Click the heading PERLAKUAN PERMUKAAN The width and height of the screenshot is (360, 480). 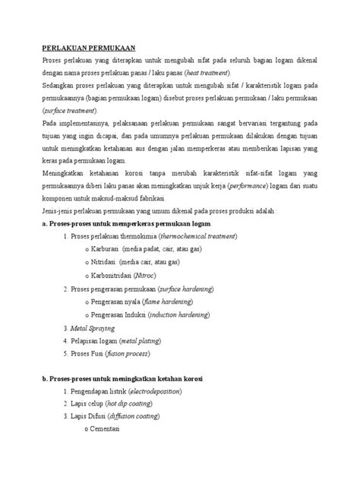point(84,46)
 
